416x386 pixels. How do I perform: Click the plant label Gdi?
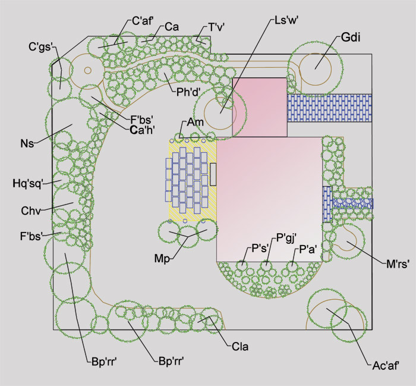tap(351, 37)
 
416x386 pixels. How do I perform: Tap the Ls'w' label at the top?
tap(286, 20)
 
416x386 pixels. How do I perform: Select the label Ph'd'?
tap(188, 92)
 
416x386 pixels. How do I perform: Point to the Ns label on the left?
tap(27, 143)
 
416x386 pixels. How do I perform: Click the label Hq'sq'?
tap(28, 183)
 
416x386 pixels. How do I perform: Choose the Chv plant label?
tap(31, 211)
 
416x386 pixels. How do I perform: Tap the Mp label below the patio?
tap(162, 259)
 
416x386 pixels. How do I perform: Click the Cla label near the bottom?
tap(240, 347)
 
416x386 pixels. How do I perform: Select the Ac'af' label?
tap(386, 366)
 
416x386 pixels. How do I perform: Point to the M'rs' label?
tap(398, 264)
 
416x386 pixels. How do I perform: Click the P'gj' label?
tap(286, 238)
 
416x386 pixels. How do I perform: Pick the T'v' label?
tap(216, 27)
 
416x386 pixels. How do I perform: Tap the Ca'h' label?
tap(143, 130)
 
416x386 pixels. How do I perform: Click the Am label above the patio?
tap(196, 123)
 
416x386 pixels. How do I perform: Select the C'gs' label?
tap(41, 47)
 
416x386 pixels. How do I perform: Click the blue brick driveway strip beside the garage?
tap(329, 108)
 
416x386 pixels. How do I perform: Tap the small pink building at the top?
tap(260, 107)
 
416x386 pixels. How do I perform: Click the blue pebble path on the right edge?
tap(353, 203)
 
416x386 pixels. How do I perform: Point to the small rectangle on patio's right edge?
tap(213, 174)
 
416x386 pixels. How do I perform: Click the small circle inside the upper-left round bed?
tap(88, 70)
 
